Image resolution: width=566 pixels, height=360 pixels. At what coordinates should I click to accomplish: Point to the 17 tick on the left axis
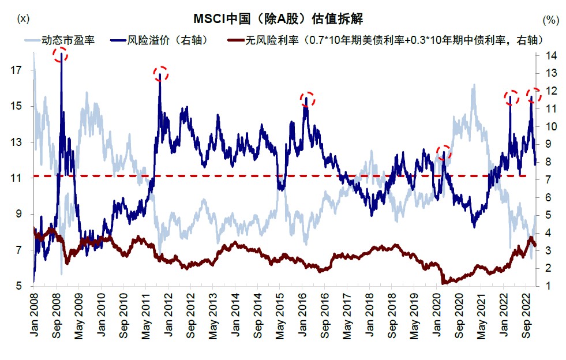[17, 70]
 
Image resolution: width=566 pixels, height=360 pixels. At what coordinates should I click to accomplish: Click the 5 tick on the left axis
[19, 287]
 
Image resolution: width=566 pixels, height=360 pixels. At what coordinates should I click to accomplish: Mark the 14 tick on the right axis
[552, 55]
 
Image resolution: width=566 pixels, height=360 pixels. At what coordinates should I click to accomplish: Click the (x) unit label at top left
[24, 18]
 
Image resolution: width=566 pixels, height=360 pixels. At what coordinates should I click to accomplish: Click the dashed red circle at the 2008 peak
[60, 55]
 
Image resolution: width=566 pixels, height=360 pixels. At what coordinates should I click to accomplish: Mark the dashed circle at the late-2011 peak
[160, 73]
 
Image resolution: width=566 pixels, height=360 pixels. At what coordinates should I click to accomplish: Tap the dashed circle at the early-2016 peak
[308, 99]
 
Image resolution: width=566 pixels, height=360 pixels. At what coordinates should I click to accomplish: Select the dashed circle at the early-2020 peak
[444, 153]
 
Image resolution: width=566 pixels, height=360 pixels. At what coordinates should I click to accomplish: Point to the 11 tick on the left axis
[17, 178]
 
